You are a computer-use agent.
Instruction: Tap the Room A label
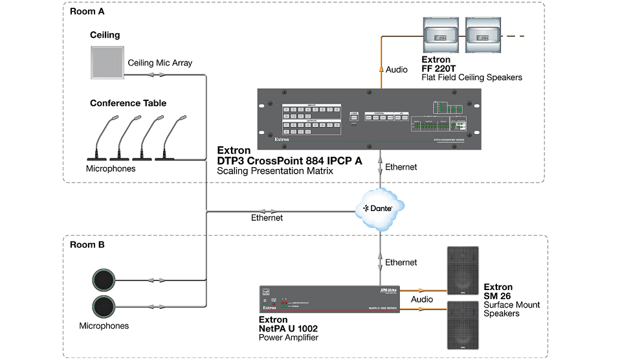coord(87,11)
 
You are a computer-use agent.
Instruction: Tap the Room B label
coord(87,245)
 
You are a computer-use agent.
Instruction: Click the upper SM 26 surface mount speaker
coord(463,271)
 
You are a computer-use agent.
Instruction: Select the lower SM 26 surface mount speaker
coord(463,326)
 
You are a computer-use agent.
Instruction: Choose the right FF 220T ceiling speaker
coord(482,36)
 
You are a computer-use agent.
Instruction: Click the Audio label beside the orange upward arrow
coord(397,69)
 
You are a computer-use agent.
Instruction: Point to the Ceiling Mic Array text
coord(160,63)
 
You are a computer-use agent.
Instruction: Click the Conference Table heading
coord(128,103)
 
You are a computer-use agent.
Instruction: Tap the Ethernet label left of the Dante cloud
coord(267,218)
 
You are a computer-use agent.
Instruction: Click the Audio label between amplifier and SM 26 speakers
coord(422,299)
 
